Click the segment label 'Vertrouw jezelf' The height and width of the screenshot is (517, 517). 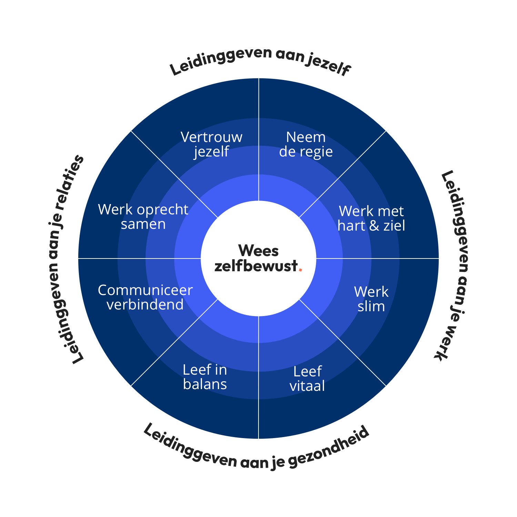pyautogui.click(x=211, y=144)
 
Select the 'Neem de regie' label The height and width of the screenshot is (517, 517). pyautogui.click(x=306, y=144)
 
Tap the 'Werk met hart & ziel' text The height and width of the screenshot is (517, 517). pyautogui.click(x=371, y=218)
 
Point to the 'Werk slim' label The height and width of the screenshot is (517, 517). pyautogui.click(x=371, y=299)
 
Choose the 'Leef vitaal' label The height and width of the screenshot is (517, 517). pyautogui.click(x=307, y=378)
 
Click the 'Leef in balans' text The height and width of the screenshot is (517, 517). pyautogui.click(x=205, y=377)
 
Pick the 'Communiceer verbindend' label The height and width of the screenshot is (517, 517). pyautogui.click(x=145, y=297)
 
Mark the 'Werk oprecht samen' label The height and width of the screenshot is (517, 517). pyautogui.click(x=143, y=216)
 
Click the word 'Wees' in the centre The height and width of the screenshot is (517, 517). pyautogui.click(x=258, y=251)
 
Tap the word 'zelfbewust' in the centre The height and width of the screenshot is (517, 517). pyautogui.click(x=256, y=266)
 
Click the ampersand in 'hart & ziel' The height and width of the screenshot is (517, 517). pyautogui.click(x=374, y=226)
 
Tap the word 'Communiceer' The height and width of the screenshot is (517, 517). pyautogui.click(x=145, y=290)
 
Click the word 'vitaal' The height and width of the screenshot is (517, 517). pyautogui.click(x=307, y=386)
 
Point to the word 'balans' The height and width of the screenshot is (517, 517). pyautogui.click(x=205, y=384)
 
